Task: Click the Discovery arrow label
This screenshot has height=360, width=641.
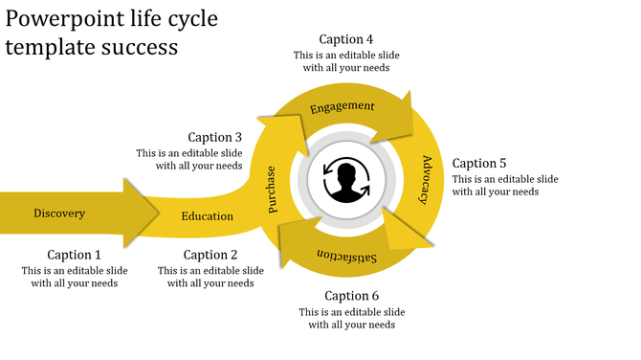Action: [59, 213]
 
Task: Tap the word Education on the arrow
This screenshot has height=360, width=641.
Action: [208, 215]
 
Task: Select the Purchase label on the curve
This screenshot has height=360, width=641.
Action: [272, 189]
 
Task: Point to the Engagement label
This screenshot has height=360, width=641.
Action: [342, 106]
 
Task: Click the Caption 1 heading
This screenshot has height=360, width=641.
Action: [75, 255]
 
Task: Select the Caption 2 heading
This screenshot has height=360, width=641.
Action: [210, 255]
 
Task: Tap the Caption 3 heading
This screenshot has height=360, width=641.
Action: [215, 137]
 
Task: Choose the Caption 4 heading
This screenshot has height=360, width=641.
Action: [346, 39]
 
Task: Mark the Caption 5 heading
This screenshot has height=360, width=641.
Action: [479, 163]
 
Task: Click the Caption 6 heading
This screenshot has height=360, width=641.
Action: [351, 296]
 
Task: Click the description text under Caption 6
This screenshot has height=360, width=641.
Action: [351, 319]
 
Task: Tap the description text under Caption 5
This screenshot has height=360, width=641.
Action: [505, 186]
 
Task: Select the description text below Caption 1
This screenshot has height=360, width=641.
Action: [75, 277]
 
